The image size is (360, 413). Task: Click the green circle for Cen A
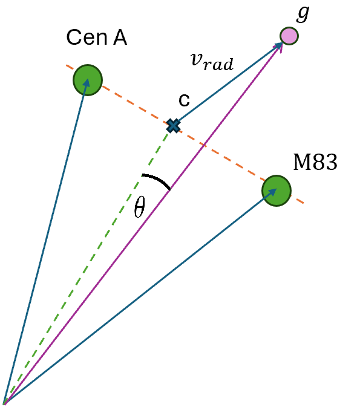click(88, 79)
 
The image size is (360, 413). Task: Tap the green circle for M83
click(277, 190)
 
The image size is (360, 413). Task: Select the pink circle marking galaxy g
click(289, 36)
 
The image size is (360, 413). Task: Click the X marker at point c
click(174, 125)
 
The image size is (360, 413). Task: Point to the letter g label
click(303, 13)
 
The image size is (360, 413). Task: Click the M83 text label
click(315, 163)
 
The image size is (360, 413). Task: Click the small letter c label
click(184, 100)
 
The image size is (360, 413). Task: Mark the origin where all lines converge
click(5, 403)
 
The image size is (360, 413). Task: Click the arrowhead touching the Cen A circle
click(87, 85)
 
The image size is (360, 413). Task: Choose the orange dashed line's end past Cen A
click(67, 66)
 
